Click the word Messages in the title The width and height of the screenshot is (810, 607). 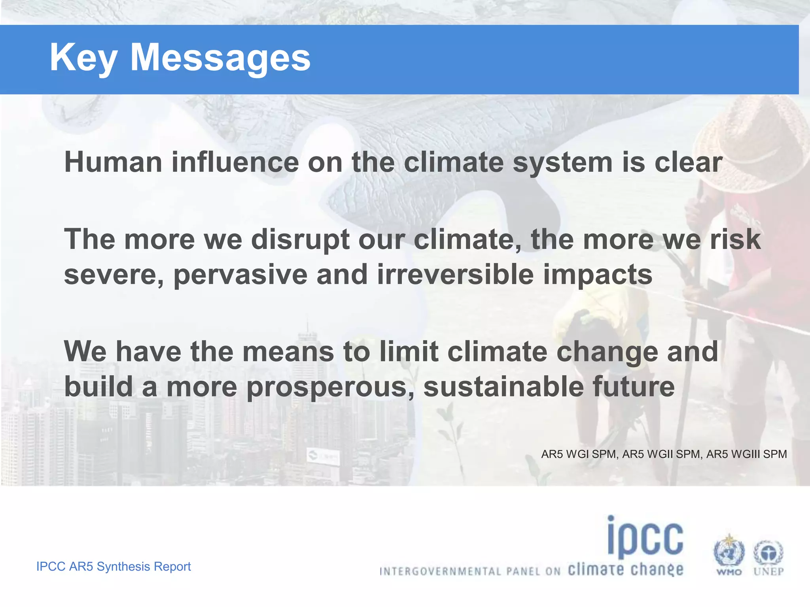[x=220, y=58]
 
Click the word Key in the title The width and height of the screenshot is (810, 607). [x=83, y=58]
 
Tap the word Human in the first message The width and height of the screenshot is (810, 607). [x=113, y=162]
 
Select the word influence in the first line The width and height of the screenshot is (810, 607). [x=235, y=162]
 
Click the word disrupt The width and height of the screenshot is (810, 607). [x=300, y=240]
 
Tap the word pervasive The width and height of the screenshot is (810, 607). [x=240, y=275]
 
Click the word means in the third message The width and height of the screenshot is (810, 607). [x=288, y=351]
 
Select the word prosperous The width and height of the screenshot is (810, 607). [x=330, y=387]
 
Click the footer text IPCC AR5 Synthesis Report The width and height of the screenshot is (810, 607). [x=114, y=566]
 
